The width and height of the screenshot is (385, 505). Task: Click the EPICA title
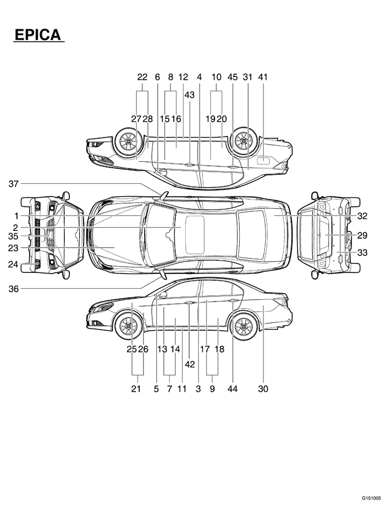point(37,35)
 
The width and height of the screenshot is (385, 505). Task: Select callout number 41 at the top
point(262,78)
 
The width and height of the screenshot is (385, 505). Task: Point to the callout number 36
point(14,288)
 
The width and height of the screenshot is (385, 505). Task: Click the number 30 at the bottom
point(262,389)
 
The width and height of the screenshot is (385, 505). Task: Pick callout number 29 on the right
point(362,235)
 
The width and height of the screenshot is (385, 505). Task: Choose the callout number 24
point(13,265)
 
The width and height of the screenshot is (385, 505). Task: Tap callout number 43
point(189,95)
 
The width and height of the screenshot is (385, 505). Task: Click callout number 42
point(190,364)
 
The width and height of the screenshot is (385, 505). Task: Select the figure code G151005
point(371,497)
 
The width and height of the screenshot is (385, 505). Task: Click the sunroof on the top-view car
point(195,235)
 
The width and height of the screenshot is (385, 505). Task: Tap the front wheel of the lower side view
point(128,326)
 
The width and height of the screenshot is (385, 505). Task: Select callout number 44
point(232,389)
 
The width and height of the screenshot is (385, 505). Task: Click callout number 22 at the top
point(142,78)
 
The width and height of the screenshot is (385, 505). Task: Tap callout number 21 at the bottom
point(136,389)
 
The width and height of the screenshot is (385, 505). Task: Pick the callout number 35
point(14,237)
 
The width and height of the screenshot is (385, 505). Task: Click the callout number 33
point(362,252)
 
